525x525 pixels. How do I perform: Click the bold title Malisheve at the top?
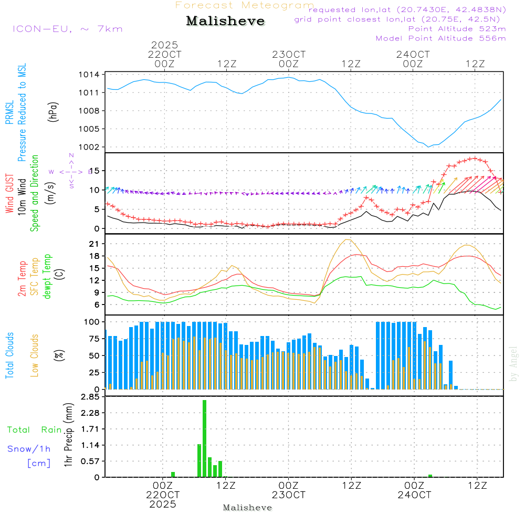click(225, 22)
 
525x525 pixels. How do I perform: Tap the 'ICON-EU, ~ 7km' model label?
click(67, 29)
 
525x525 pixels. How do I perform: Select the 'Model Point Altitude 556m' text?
click(441, 38)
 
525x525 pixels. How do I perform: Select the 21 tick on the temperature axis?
click(94, 244)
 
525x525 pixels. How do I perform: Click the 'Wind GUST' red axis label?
click(9, 194)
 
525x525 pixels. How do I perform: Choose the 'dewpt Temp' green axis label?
click(47, 277)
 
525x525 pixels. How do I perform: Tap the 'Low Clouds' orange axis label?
click(35, 355)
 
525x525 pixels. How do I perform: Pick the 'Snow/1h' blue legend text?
click(29, 449)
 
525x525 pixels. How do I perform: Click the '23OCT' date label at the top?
click(288, 55)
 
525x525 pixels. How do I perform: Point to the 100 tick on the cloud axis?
click(92, 321)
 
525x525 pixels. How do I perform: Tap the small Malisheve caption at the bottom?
click(247, 508)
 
